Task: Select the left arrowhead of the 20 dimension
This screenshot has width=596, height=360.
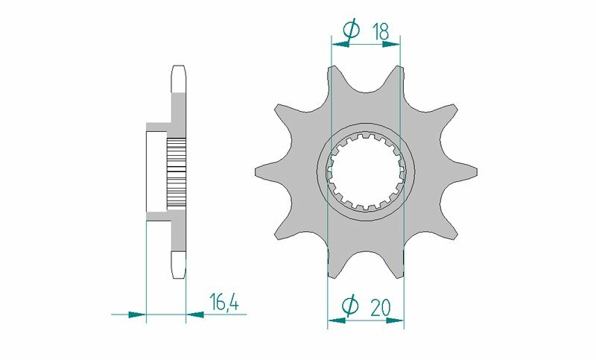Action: [x=336, y=321]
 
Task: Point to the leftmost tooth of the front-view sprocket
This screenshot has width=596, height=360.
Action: [x=265, y=171]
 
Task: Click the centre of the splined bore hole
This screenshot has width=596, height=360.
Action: [x=365, y=172]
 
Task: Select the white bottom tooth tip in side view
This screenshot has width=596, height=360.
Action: [x=179, y=265]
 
